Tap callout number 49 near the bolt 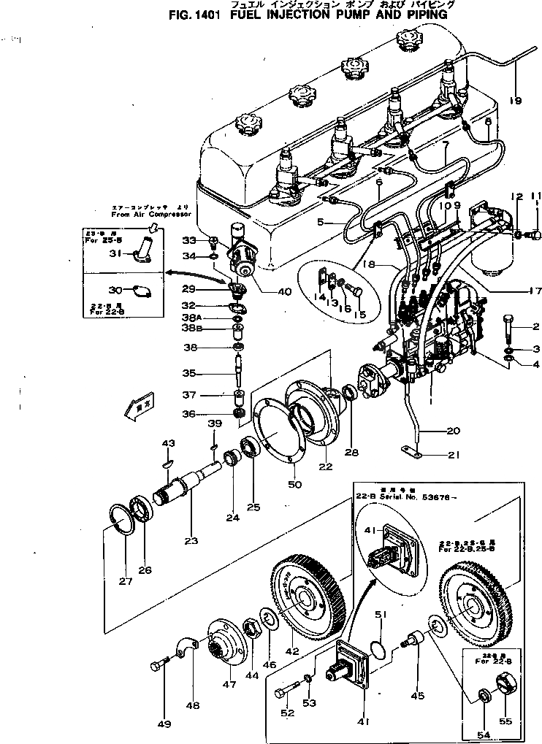tap(163, 724)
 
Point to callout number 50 tap(294, 484)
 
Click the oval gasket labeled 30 tap(145, 290)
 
